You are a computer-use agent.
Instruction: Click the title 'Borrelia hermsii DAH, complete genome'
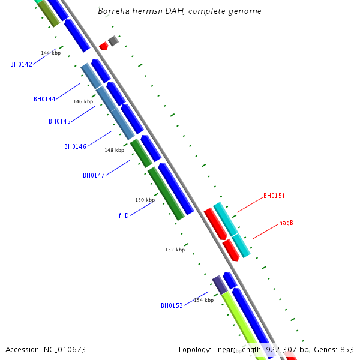point(179,11)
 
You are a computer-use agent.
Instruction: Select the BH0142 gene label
point(21,64)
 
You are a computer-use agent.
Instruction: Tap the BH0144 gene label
point(44,99)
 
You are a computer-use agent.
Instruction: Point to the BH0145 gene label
point(59,121)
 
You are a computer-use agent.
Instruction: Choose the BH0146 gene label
point(75,146)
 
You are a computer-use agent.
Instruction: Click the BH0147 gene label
point(94,175)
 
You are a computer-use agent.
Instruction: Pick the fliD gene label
point(124,215)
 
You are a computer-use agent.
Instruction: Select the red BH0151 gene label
point(274,196)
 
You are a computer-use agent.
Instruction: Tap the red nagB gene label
point(286,223)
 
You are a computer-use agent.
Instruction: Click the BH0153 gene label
point(172,305)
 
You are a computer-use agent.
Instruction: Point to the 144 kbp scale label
point(51,53)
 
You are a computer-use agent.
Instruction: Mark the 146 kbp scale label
point(83,102)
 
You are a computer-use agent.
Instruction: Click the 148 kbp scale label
point(114,151)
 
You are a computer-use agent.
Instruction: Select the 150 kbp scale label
point(145,200)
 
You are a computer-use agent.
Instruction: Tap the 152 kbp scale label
point(175,250)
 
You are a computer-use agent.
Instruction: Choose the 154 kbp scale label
point(203,300)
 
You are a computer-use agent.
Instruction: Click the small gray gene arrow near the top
point(113,41)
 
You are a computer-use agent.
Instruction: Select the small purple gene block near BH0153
point(220,284)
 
